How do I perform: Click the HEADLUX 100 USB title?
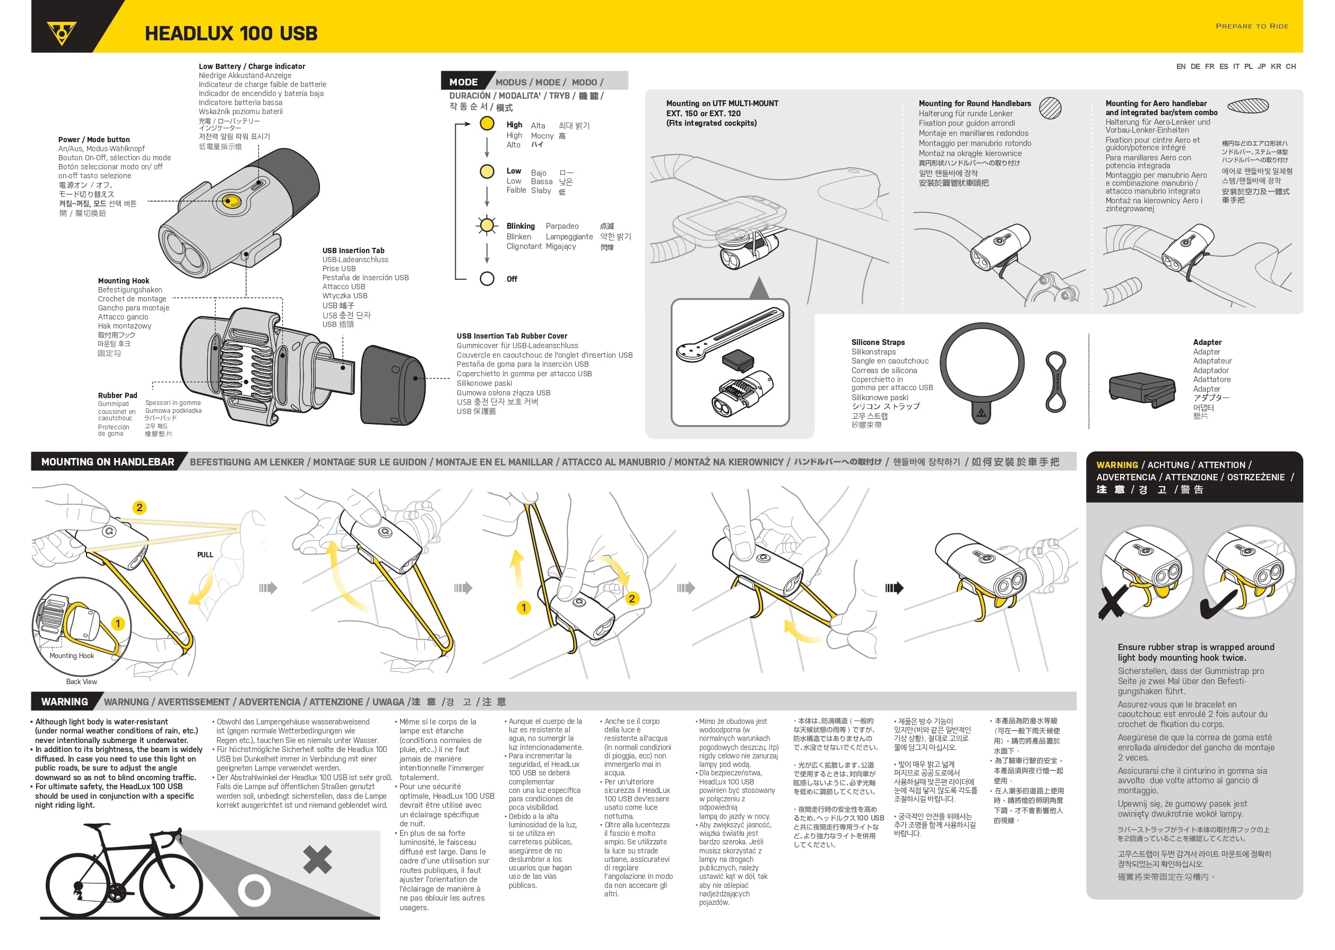(231, 33)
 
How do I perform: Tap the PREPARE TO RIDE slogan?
(1251, 27)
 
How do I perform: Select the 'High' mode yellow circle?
(487, 124)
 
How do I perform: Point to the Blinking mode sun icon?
(487, 225)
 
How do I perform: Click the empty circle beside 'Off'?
(487, 279)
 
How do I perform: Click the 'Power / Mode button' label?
(94, 139)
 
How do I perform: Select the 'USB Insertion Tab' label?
(353, 251)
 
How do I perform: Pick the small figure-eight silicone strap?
(1055, 382)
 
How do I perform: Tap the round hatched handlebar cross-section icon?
(1050, 108)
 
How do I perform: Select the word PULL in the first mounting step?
(205, 555)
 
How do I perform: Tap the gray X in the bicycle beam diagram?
(317, 859)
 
